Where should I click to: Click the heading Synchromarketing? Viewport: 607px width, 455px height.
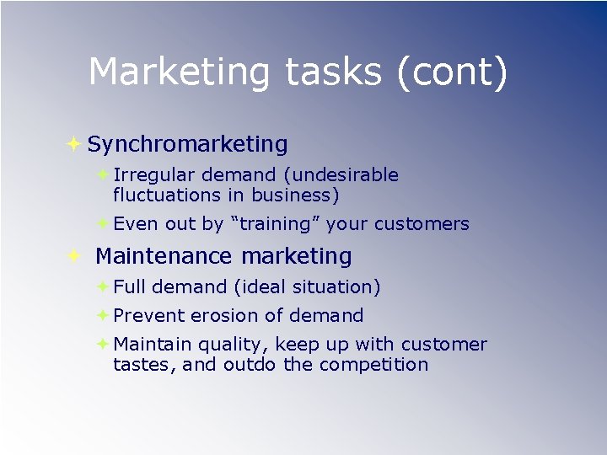187,144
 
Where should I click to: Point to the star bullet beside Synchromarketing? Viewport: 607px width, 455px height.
73,144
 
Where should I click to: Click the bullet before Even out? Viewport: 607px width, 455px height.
102,224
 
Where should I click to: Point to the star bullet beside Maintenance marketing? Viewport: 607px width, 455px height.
73,256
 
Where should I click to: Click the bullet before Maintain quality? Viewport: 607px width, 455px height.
102,344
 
